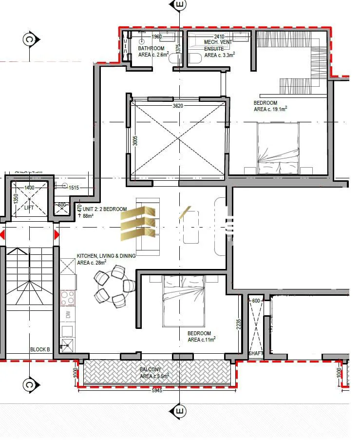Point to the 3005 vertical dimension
coord(136,140)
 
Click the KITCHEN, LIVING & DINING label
coord(106,259)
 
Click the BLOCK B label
coord(40,349)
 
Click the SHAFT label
coord(255,353)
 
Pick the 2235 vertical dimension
coord(238,324)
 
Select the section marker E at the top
coord(180,5)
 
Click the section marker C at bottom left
coord(29,385)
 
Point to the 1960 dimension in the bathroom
coord(156,37)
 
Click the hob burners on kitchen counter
coord(67,297)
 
